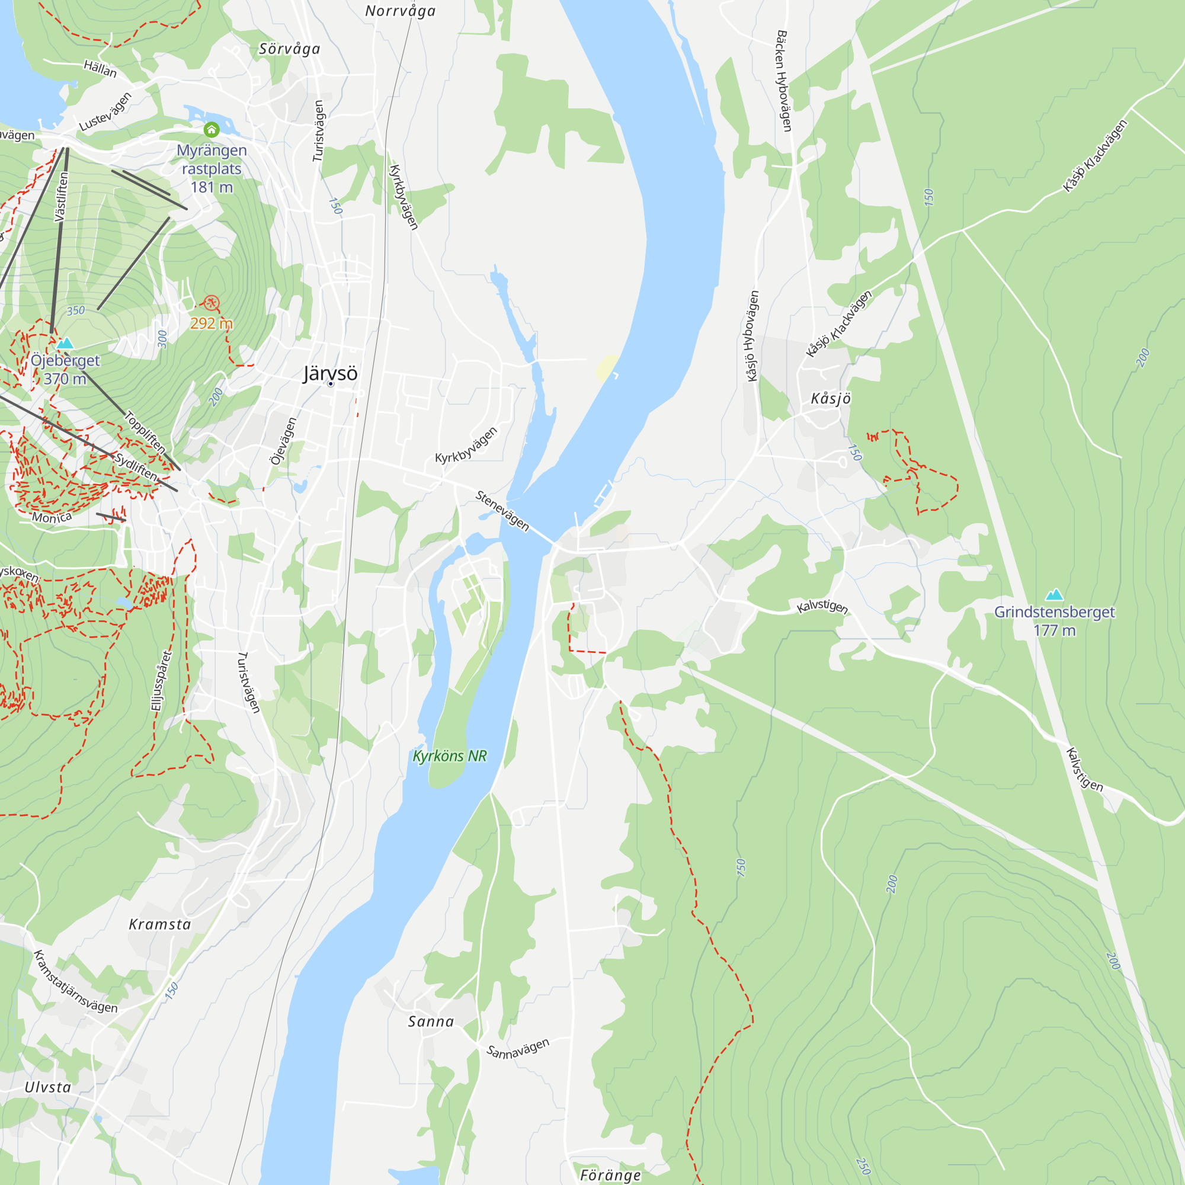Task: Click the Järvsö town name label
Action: [330, 373]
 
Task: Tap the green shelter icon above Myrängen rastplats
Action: [212, 129]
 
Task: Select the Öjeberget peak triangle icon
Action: [65, 343]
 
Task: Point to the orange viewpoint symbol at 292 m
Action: [211, 302]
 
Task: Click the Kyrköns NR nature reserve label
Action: [450, 756]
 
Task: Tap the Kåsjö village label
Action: [831, 399]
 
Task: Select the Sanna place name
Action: [431, 1022]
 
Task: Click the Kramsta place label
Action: [160, 925]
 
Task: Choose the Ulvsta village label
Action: [48, 1087]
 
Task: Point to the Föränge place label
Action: [610, 1175]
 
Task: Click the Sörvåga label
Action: [290, 49]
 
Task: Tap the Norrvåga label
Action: [400, 11]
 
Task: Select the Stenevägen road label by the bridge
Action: [502, 511]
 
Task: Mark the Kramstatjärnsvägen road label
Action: [75, 982]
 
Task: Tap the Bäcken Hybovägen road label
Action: [784, 81]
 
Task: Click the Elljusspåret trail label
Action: [161, 681]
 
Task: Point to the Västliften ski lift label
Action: [62, 196]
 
